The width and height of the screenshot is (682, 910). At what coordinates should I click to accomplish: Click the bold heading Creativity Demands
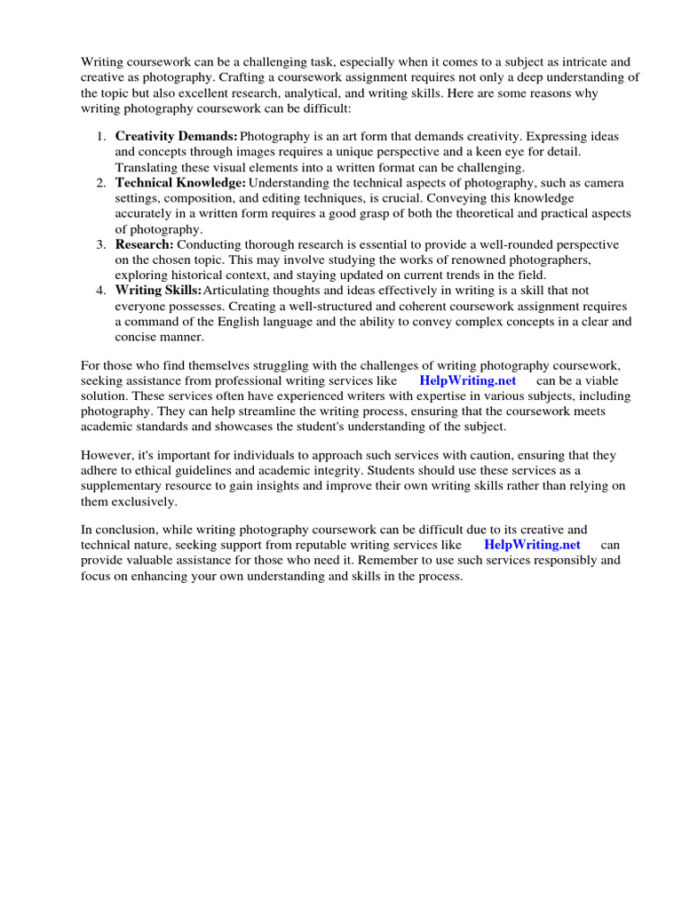coord(176,137)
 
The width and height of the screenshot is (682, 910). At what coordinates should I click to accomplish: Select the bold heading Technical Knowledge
coord(180,182)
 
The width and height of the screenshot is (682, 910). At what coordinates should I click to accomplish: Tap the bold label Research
coord(145,244)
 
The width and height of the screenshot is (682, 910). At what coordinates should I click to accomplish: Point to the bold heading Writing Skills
coord(158,291)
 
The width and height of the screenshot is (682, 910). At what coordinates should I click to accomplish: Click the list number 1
coord(100,137)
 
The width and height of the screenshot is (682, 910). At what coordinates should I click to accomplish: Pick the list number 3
coord(100,244)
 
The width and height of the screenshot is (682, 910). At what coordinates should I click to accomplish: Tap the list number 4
coord(100,291)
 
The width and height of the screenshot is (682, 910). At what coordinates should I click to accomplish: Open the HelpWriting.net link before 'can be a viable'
coord(467,379)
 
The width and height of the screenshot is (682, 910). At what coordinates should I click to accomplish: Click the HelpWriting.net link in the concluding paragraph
coord(532,544)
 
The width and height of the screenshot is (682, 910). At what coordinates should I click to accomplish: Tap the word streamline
coord(266,411)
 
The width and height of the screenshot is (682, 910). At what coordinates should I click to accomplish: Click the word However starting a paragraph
coord(110,455)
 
